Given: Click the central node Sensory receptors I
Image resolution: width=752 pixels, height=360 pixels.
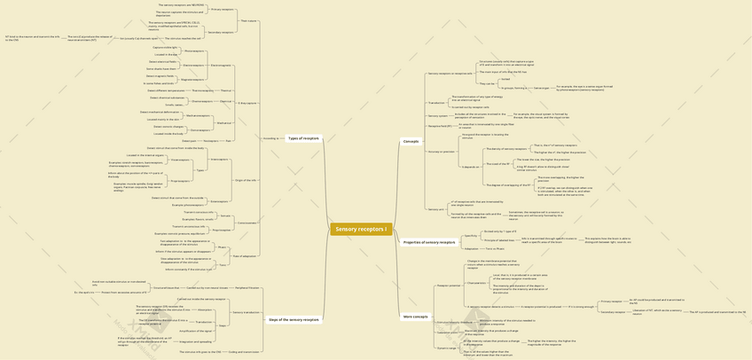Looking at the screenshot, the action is pos(361,230).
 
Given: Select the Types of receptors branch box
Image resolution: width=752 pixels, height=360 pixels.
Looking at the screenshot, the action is pos(303,138).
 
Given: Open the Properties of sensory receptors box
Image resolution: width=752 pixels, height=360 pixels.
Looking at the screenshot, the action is pos(429,242).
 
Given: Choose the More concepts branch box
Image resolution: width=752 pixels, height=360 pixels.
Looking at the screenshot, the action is pos(415,316).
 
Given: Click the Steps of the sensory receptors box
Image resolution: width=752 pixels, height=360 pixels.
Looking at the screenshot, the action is pos(293,319).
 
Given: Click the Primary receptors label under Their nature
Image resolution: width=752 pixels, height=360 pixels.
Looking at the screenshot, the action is pos(222,10).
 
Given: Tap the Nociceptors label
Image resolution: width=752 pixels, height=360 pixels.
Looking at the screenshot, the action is pos(210,140).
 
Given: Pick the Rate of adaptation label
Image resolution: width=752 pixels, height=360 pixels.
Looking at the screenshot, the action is pos(244,255).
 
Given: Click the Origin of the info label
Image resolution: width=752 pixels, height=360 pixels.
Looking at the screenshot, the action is pos(246,180).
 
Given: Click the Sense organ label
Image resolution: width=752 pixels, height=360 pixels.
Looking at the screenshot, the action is pos(541,88).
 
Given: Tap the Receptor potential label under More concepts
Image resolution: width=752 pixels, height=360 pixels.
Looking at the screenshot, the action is pos(449,286).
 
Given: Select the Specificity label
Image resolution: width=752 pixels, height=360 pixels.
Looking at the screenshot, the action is pos(471,235).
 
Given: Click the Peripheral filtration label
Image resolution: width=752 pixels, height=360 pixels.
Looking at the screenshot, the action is pos(247,288).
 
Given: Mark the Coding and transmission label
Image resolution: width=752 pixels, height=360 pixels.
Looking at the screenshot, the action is pos(244,351).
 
